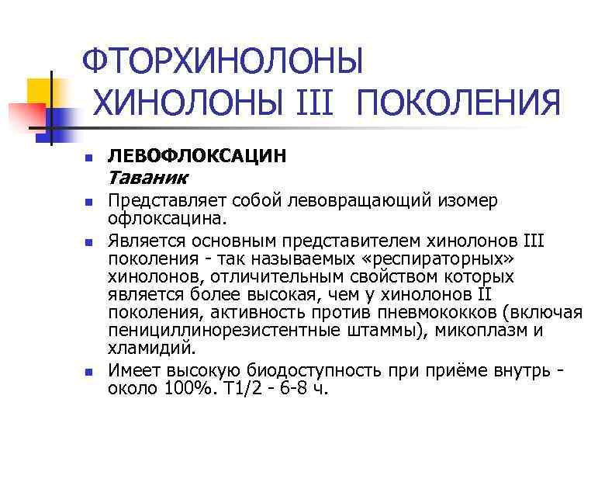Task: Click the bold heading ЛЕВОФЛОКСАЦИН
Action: click(197, 156)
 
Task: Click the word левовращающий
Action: click(343, 202)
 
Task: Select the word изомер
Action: click(470, 202)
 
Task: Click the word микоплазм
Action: click(480, 331)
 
